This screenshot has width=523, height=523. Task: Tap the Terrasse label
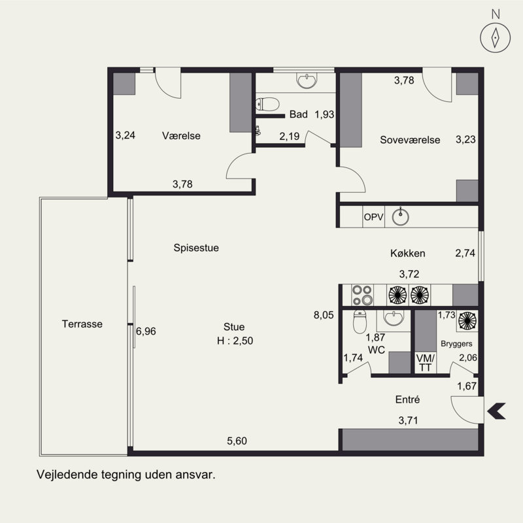[x=82, y=324]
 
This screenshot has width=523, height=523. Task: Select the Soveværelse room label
[x=410, y=140]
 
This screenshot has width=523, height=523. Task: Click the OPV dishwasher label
[x=373, y=217]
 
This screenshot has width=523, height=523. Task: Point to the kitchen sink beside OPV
[x=400, y=217]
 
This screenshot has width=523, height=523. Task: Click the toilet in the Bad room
[x=267, y=104]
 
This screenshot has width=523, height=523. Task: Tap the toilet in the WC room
[x=360, y=322]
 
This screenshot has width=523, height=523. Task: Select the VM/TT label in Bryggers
[x=426, y=363]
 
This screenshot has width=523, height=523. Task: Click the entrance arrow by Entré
[x=496, y=411]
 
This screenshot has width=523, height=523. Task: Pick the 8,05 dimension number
[x=324, y=315]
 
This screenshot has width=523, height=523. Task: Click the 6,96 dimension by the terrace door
[x=146, y=331]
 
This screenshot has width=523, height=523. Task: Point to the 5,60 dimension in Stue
[x=237, y=441]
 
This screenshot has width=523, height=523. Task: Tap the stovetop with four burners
[x=363, y=295]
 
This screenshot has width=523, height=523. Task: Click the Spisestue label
[x=196, y=248]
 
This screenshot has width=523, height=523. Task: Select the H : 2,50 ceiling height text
[x=235, y=341]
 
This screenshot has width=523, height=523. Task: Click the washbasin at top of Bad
[x=306, y=80]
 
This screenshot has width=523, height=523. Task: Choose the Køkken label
[x=407, y=253]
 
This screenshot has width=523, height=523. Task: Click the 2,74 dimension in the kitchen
[x=465, y=253]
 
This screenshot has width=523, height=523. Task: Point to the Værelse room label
[x=181, y=136]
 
